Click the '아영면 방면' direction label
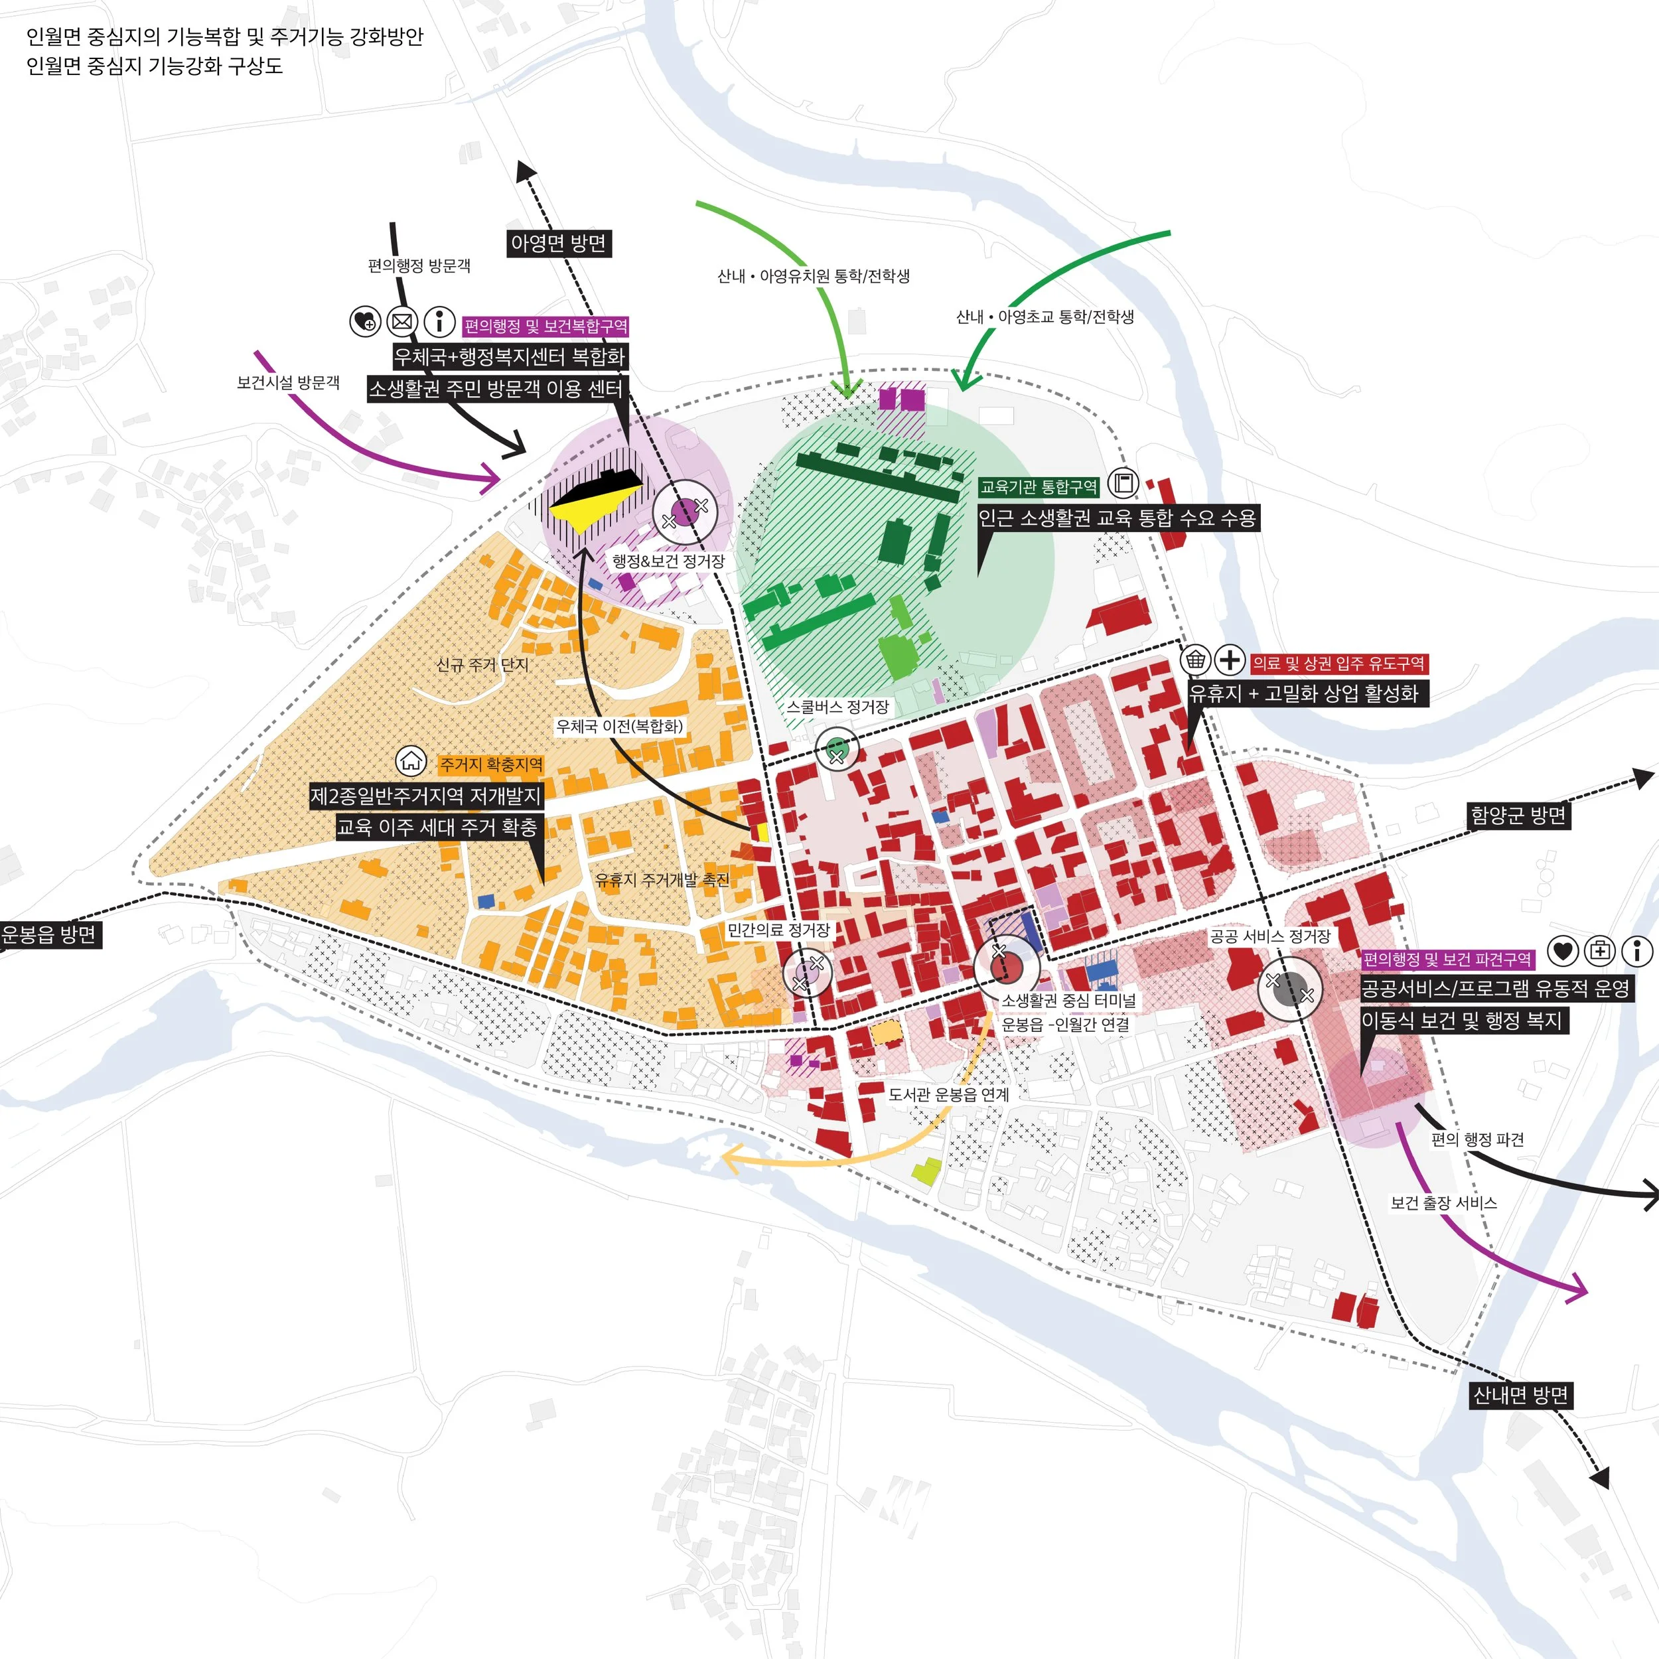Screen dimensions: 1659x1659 point(558,243)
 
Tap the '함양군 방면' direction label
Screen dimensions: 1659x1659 point(1518,815)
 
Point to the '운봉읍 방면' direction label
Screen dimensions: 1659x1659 point(49,934)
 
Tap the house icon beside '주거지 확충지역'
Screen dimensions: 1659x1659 point(411,760)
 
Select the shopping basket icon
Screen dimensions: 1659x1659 point(1195,660)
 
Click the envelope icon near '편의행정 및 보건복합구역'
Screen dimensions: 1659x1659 point(401,322)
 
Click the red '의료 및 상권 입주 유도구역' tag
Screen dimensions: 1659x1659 point(1338,663)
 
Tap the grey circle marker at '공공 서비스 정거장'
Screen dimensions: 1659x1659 point(1290,989)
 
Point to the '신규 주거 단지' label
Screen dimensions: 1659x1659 point(482,665)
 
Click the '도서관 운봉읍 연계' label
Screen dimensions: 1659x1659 point(948,1094)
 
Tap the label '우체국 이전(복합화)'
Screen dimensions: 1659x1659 point(619,727)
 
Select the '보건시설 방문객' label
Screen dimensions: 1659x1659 point(289,382)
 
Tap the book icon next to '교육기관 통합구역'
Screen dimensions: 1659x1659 point(1122,484)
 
